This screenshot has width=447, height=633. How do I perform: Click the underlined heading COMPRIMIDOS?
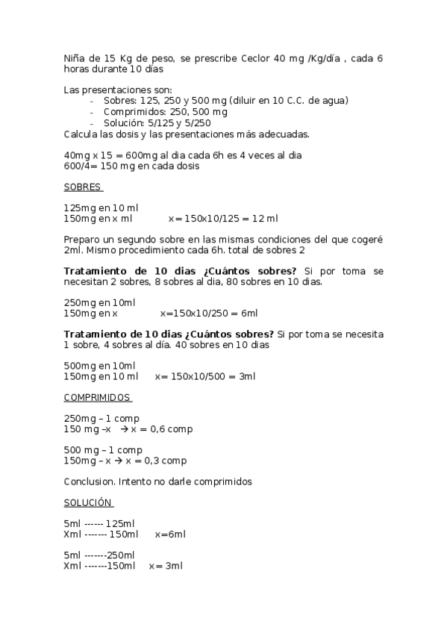(96, 397)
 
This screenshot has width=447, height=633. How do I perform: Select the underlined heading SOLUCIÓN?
(88, 502)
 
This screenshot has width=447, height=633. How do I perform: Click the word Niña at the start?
(75, 57)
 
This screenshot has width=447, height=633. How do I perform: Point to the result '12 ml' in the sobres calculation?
(266, 219)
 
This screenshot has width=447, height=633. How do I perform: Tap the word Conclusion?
(90, 481)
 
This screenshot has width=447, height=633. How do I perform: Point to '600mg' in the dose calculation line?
(139, 155)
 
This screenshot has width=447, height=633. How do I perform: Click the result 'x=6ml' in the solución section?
(170, 534)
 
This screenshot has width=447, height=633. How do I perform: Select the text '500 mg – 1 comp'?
(103, 450)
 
